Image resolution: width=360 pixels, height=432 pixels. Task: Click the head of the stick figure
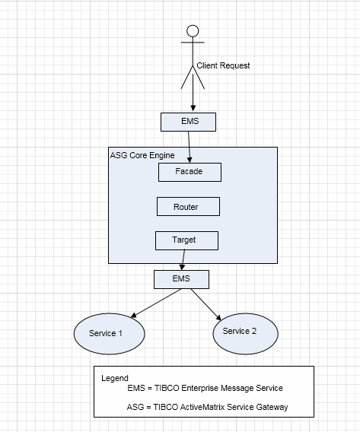[193, 31]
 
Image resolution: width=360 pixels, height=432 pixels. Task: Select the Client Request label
[223, 65]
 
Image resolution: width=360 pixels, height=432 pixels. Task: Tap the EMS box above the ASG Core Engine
[188, 122]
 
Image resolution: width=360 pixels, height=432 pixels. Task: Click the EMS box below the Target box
[181, 279]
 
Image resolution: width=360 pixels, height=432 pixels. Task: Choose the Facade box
[190, 172]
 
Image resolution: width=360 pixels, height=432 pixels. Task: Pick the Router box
[188, 206]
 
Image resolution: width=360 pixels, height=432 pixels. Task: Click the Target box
[187, 241]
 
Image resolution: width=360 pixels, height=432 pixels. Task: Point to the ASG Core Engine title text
[142, 155]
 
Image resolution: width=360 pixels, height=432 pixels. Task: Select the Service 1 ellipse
[109, 334]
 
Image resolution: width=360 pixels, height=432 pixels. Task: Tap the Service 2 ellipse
[245, 334]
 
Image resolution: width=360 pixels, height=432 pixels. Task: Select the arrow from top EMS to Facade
[189, 147]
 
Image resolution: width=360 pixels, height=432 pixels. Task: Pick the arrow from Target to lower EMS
[183, 260]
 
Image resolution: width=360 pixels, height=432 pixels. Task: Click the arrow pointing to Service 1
[156, 303]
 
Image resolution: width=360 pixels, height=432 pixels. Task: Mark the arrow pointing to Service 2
[206, 304]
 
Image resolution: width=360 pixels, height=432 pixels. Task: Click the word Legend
[115, 378]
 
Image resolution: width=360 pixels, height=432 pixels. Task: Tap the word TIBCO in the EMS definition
[167, 388]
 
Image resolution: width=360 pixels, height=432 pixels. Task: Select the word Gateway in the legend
[272, 407]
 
